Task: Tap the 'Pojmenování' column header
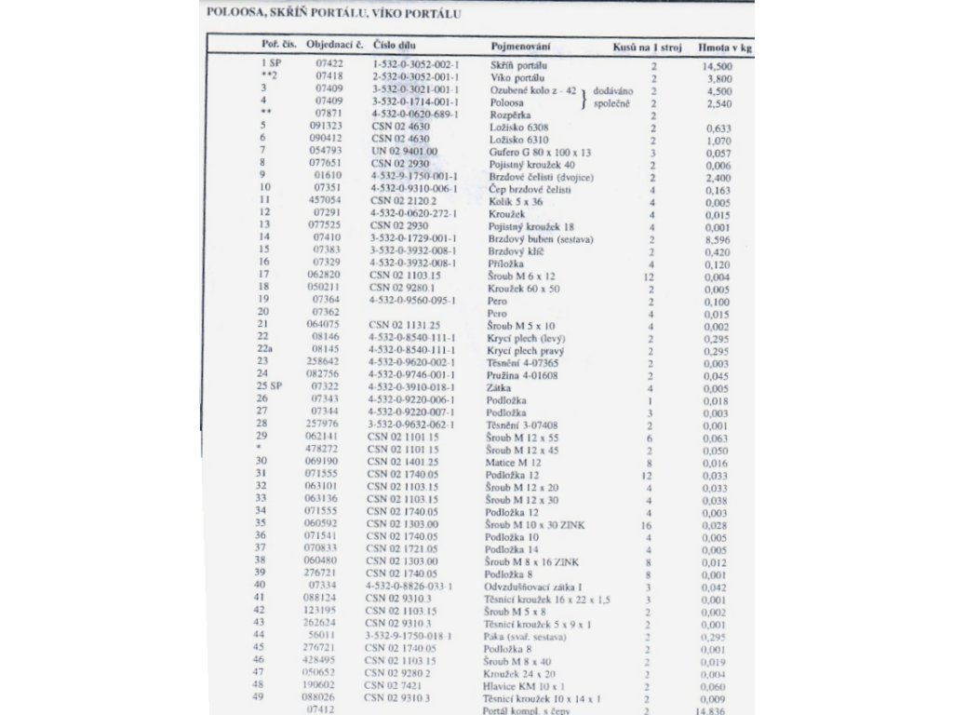521,46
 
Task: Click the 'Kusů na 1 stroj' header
647,46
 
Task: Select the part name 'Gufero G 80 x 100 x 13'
540,151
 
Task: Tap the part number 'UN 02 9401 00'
403,151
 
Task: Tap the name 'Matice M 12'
513,462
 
